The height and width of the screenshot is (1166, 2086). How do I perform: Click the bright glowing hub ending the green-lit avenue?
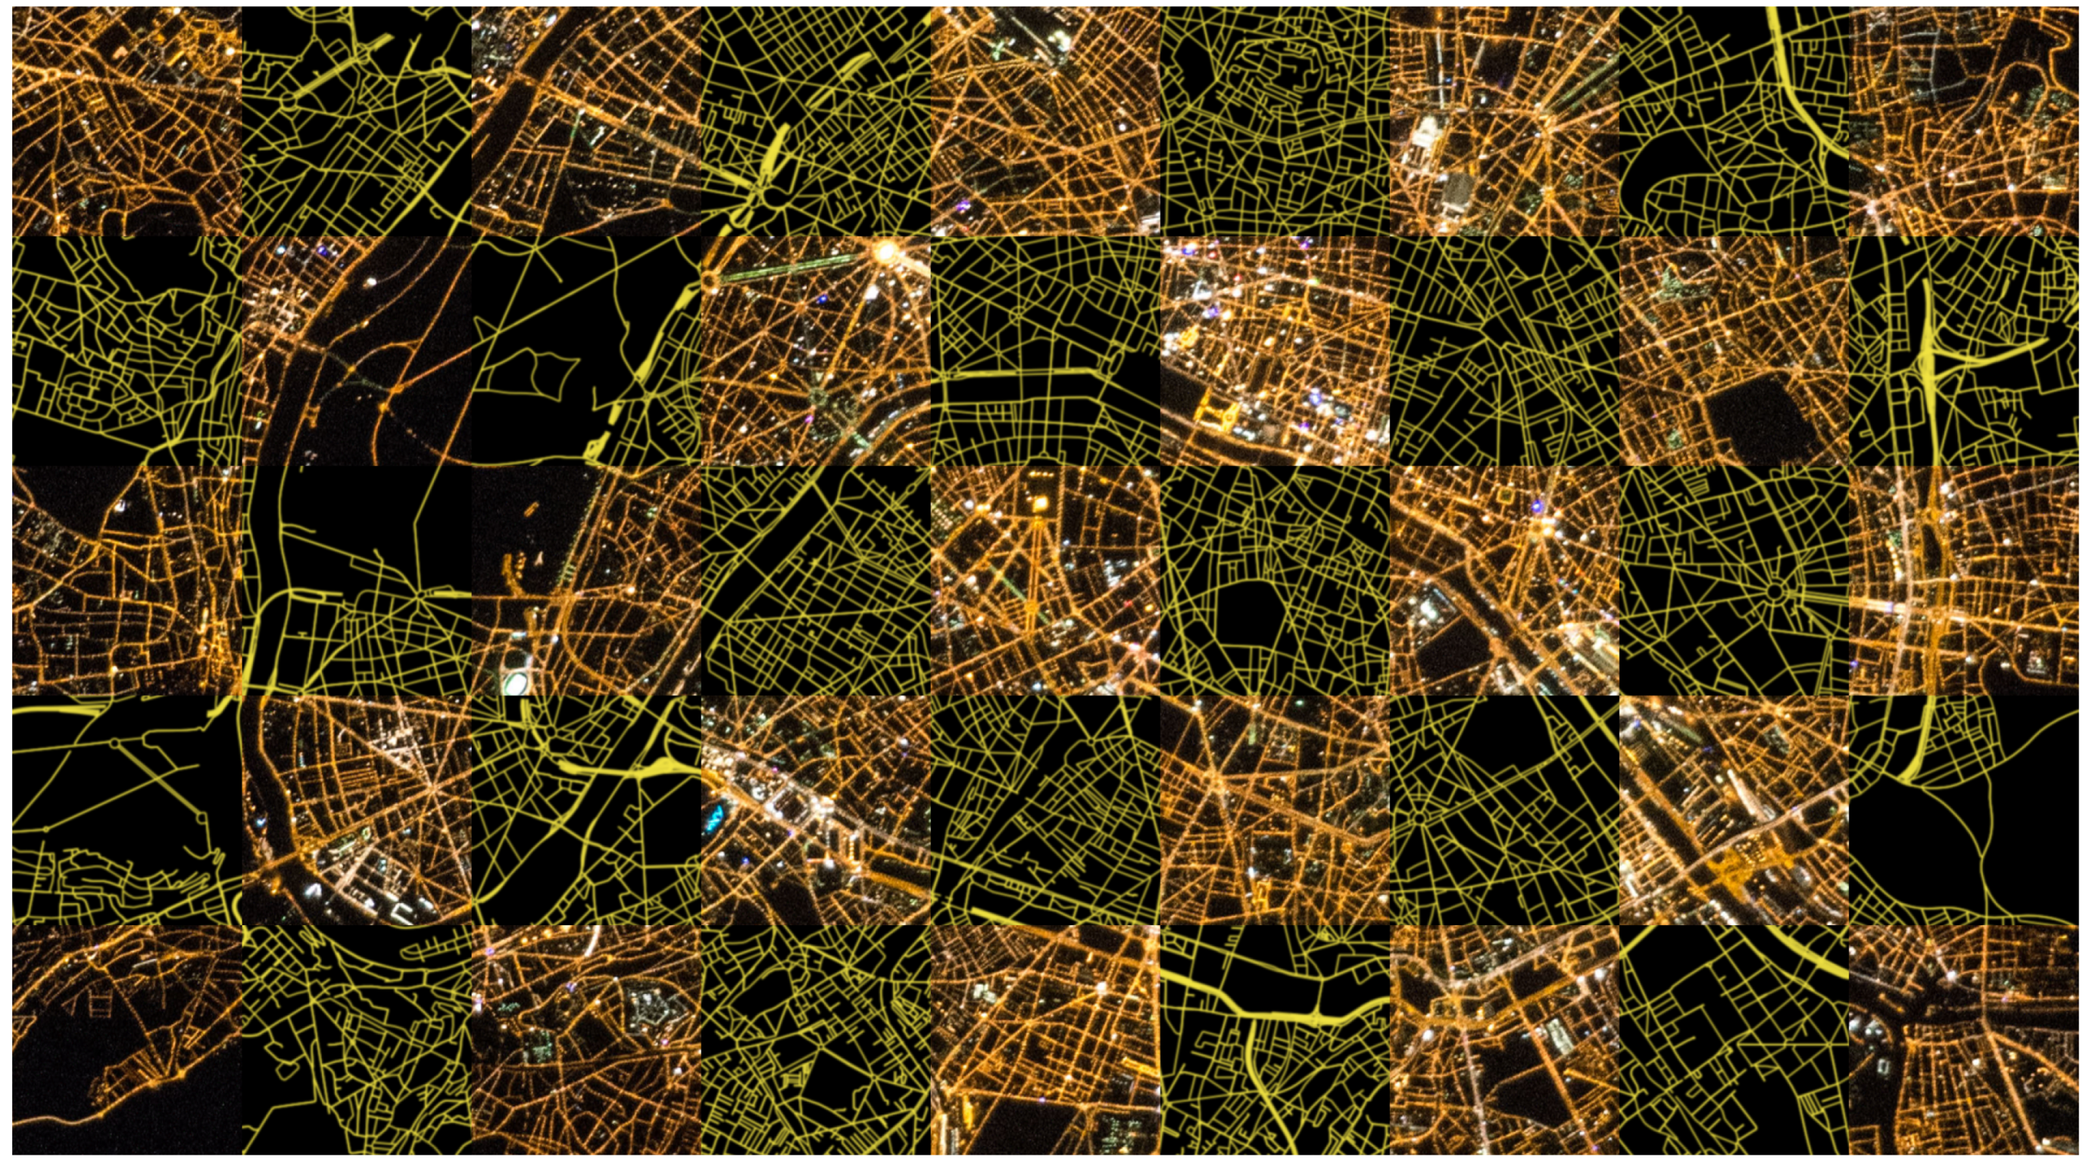(885, 252)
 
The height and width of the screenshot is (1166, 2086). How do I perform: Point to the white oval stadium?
(514, 683)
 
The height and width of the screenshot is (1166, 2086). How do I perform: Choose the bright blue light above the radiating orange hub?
(1534, 506)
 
